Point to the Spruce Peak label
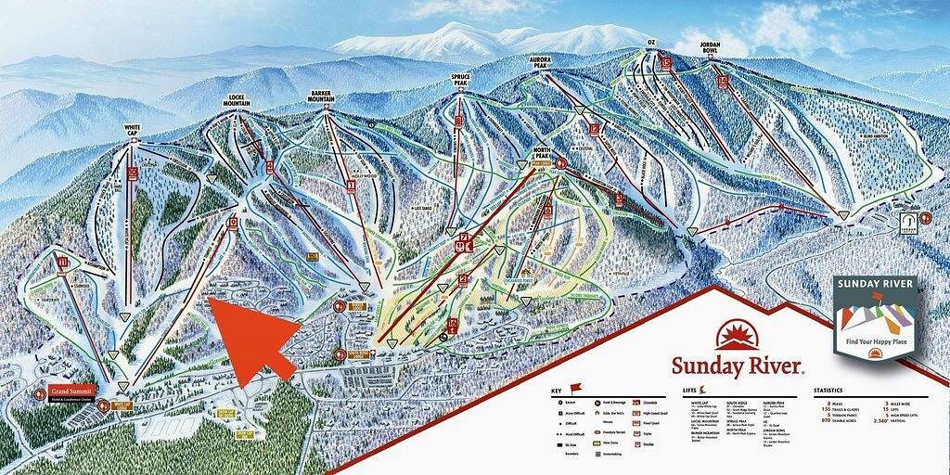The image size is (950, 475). [x=459, y=82]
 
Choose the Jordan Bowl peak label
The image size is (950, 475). [x=710, y=45]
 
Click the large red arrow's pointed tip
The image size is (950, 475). [x=210, y=297]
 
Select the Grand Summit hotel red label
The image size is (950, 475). [x=73, y=391]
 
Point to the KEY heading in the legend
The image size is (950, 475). [x=557, y=390]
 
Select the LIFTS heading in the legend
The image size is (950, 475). [x=689, y=390]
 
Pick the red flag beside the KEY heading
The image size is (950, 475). [x=573, y=387]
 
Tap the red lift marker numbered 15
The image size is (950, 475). [x=666, y=63]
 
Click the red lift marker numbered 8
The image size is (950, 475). [x=457, y=122]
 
